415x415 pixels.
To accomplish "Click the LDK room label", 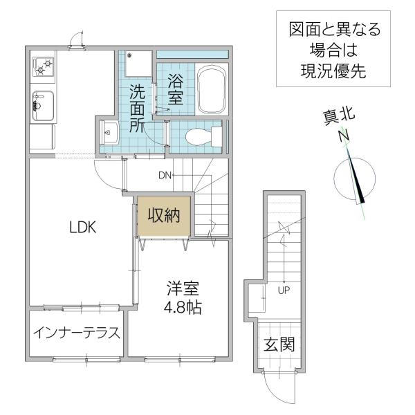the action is [x=82, y=227].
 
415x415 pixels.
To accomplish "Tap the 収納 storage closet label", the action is [x=164, y=215].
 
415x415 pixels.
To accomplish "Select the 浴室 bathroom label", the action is [x=176, y=89].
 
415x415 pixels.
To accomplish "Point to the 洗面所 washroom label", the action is [x=137, y=109].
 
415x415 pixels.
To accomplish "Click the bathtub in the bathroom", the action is [x=212, y=89].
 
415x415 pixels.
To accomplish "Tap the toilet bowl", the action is [x=203, y=137].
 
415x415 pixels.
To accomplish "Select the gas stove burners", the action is [x=43, y=66].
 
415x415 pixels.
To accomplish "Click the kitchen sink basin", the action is [x=43, y=106].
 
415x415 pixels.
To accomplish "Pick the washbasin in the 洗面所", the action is [x=109, y=132].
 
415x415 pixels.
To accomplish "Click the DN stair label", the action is [x=165, y=175].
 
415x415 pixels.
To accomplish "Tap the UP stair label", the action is [x=284, y=290].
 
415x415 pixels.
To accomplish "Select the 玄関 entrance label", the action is [x=279, y=344].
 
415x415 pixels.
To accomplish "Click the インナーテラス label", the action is [x=77, y=333].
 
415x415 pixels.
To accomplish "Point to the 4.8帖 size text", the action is [x=183, y=307].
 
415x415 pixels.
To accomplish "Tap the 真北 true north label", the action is [x=339, y=116].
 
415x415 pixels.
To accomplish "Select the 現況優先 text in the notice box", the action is [x=333, y=71].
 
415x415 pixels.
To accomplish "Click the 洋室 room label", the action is [x=183, y=288].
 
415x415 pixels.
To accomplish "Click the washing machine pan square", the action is [x=138, y=64].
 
